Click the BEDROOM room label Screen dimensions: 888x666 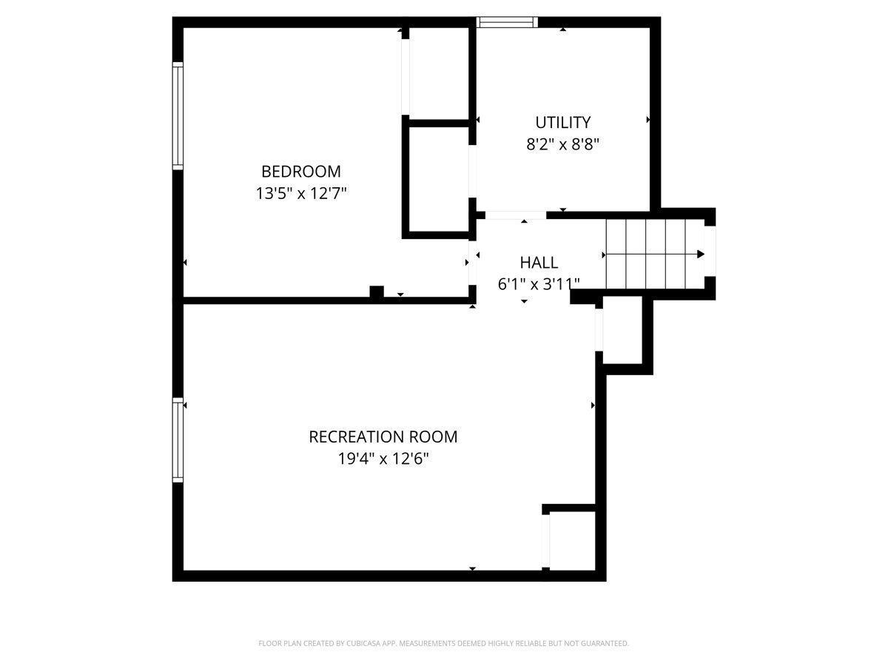301,172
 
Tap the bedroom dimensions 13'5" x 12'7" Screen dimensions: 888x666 301,193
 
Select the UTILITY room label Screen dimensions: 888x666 562,122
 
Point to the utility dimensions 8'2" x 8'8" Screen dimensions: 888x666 562,144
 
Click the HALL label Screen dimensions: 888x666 539,263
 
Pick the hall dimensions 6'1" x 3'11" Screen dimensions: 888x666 539,284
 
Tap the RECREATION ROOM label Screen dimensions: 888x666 383,437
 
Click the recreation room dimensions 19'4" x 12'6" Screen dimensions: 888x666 383,459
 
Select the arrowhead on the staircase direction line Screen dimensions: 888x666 701,254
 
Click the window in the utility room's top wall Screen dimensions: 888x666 506,22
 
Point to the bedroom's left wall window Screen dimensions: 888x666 178,115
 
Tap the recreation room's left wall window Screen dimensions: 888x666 178,440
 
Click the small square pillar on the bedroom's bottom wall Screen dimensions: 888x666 376,292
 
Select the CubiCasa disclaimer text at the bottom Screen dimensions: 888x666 443,643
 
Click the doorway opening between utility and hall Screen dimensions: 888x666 516,215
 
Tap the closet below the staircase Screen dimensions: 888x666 622,329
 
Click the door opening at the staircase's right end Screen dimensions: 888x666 710,251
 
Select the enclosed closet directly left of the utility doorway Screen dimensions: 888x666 439,180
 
